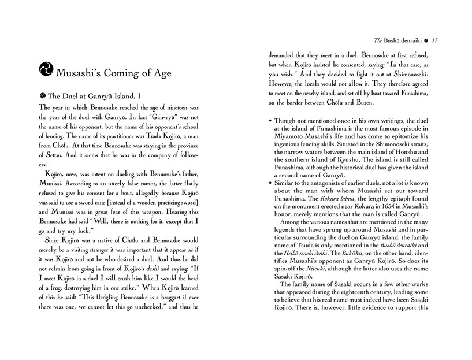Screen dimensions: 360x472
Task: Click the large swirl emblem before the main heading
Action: coord(44,71)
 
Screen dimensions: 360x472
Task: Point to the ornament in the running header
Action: coord(426,40)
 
